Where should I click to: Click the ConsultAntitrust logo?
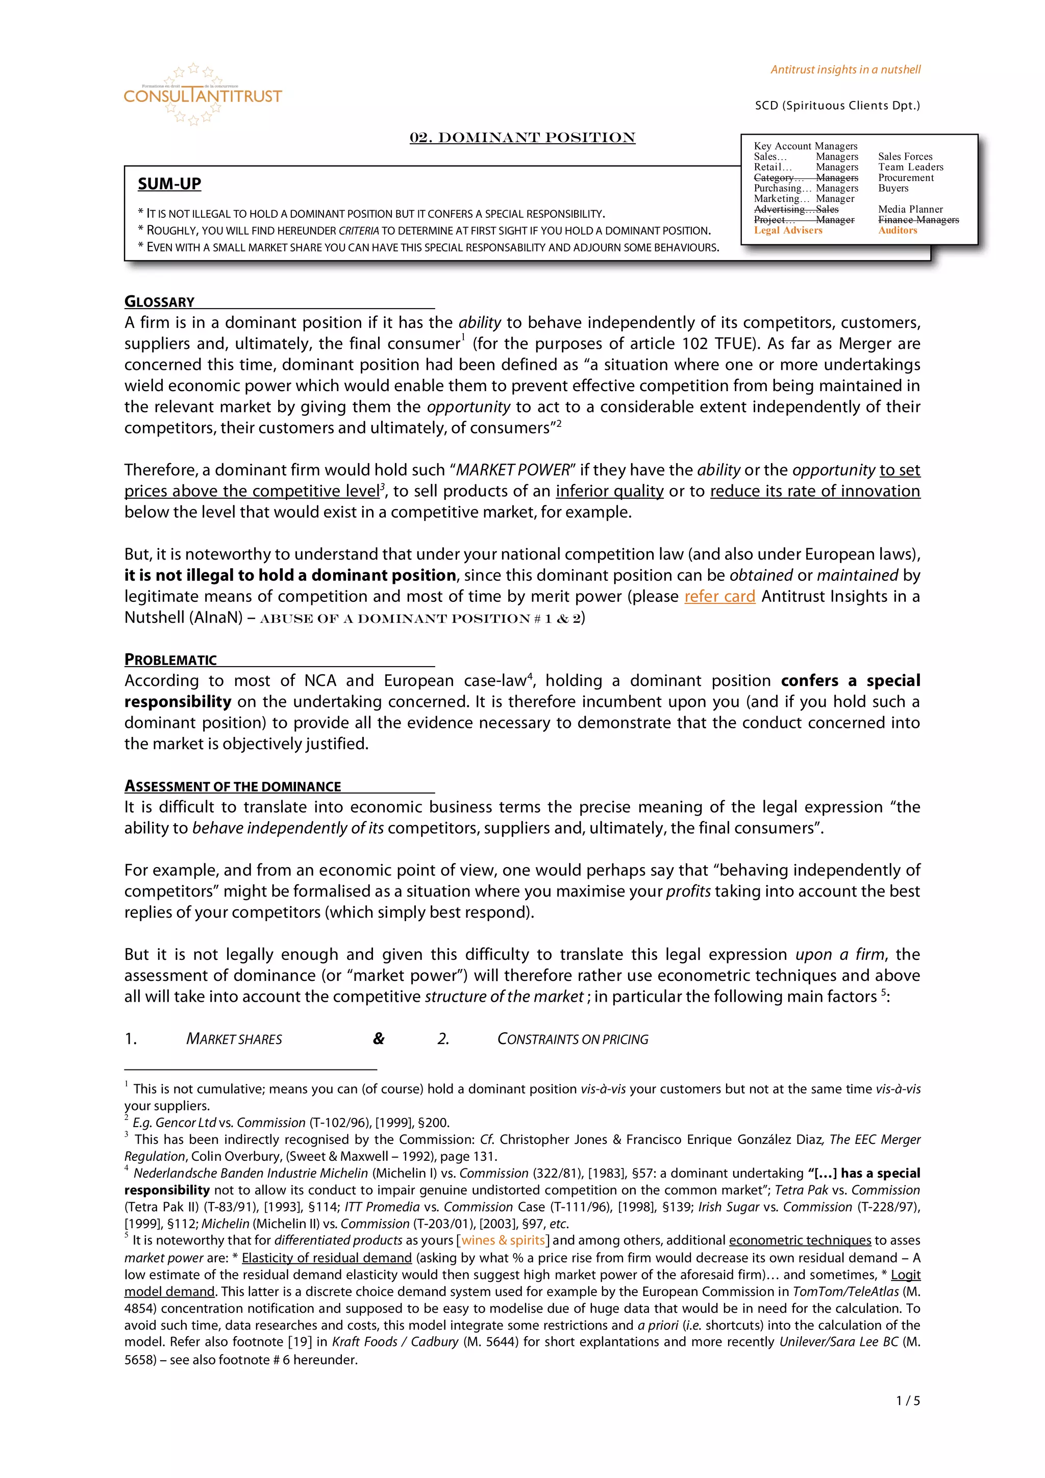(202, 95)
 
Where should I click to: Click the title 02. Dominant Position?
(522, 138)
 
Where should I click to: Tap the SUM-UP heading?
(169, 184)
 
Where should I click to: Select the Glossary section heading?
(160, 302)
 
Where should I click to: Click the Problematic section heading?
(170, 660)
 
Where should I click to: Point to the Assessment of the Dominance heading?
(233, 786)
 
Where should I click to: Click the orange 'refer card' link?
(719, 597)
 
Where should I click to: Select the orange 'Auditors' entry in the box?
(897, 231)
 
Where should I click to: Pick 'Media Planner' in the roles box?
(910, 209)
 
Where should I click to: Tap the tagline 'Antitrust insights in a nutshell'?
(845, 69)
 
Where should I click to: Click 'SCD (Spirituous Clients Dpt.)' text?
(837, 106)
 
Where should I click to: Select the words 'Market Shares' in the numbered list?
(234, 1039)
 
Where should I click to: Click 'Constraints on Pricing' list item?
(573, 1039)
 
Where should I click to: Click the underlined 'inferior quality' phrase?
(609, 491)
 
